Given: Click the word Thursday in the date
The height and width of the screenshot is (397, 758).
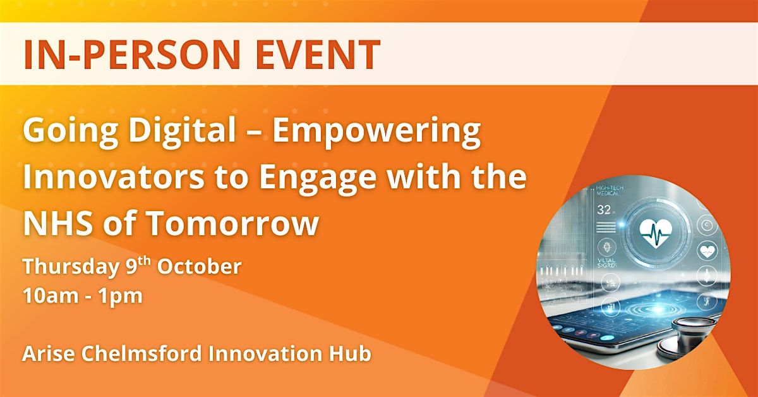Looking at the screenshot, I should pyautogui.click(x=65, y=267).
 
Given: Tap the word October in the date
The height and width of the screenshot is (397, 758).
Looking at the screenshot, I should pyautogui.click(x=199, y=267).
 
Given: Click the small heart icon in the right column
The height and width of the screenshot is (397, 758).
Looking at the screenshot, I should pyautogui.click(x=707, y=250).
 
